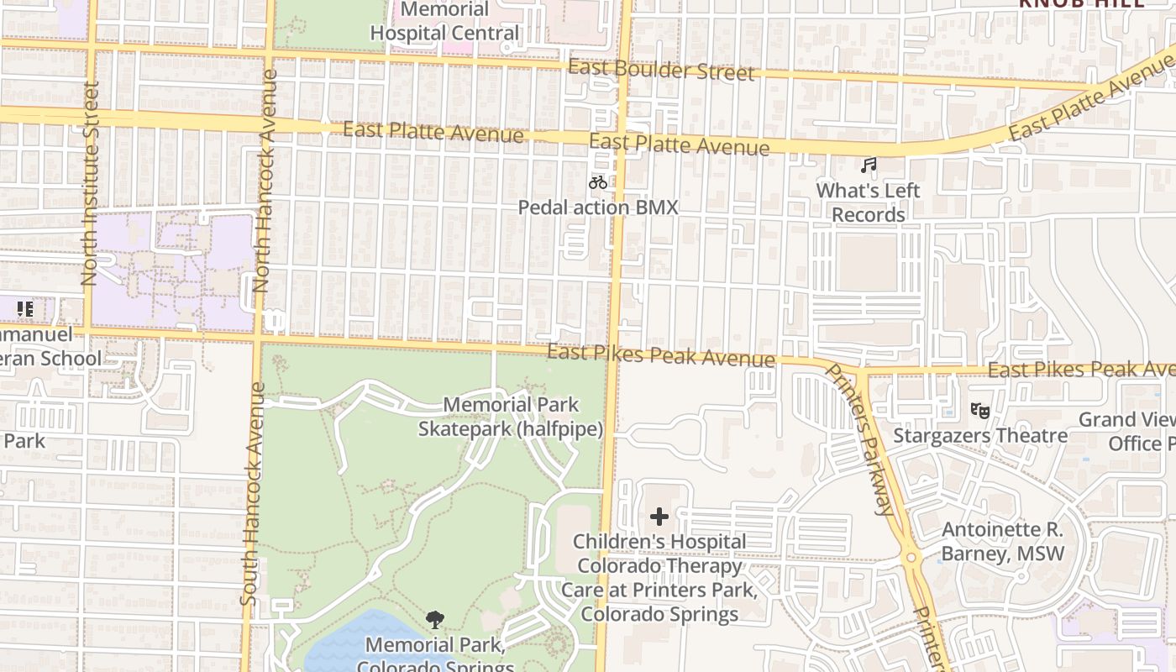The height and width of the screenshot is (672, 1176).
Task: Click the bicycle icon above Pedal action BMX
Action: (x=598, y=181)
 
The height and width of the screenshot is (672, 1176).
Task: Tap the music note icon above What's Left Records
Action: (x=869, y=165)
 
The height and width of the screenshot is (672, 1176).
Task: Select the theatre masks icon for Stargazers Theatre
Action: (x=979, y=410)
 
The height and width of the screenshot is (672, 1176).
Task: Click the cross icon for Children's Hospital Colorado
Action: (x=659, y=516)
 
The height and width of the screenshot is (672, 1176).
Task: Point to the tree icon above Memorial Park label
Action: (x=434, y=620)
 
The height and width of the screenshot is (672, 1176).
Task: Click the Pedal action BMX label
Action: (x=597, y=207)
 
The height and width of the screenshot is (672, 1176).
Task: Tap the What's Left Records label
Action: (x=868, y=202)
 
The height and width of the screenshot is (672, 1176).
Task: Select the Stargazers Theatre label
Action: (x=979, y=435)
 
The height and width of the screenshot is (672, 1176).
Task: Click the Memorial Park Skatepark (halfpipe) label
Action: (x=511, y=417)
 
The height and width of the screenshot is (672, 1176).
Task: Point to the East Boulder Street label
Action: (x=661, y=70)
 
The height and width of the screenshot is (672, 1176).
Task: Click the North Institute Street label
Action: (x=91, y=183)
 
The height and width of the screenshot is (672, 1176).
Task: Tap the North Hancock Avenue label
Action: (x=266, y=181)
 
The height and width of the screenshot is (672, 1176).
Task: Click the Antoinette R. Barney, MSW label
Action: (x=1002, y=542)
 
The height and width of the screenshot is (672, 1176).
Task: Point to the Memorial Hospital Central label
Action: (x=445, y=22)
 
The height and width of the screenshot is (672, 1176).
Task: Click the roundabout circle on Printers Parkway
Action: (x=911, y=556)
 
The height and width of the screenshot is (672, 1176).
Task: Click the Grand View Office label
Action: (x=1126, y=431)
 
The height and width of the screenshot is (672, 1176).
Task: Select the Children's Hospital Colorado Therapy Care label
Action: (x=659, y=577)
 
